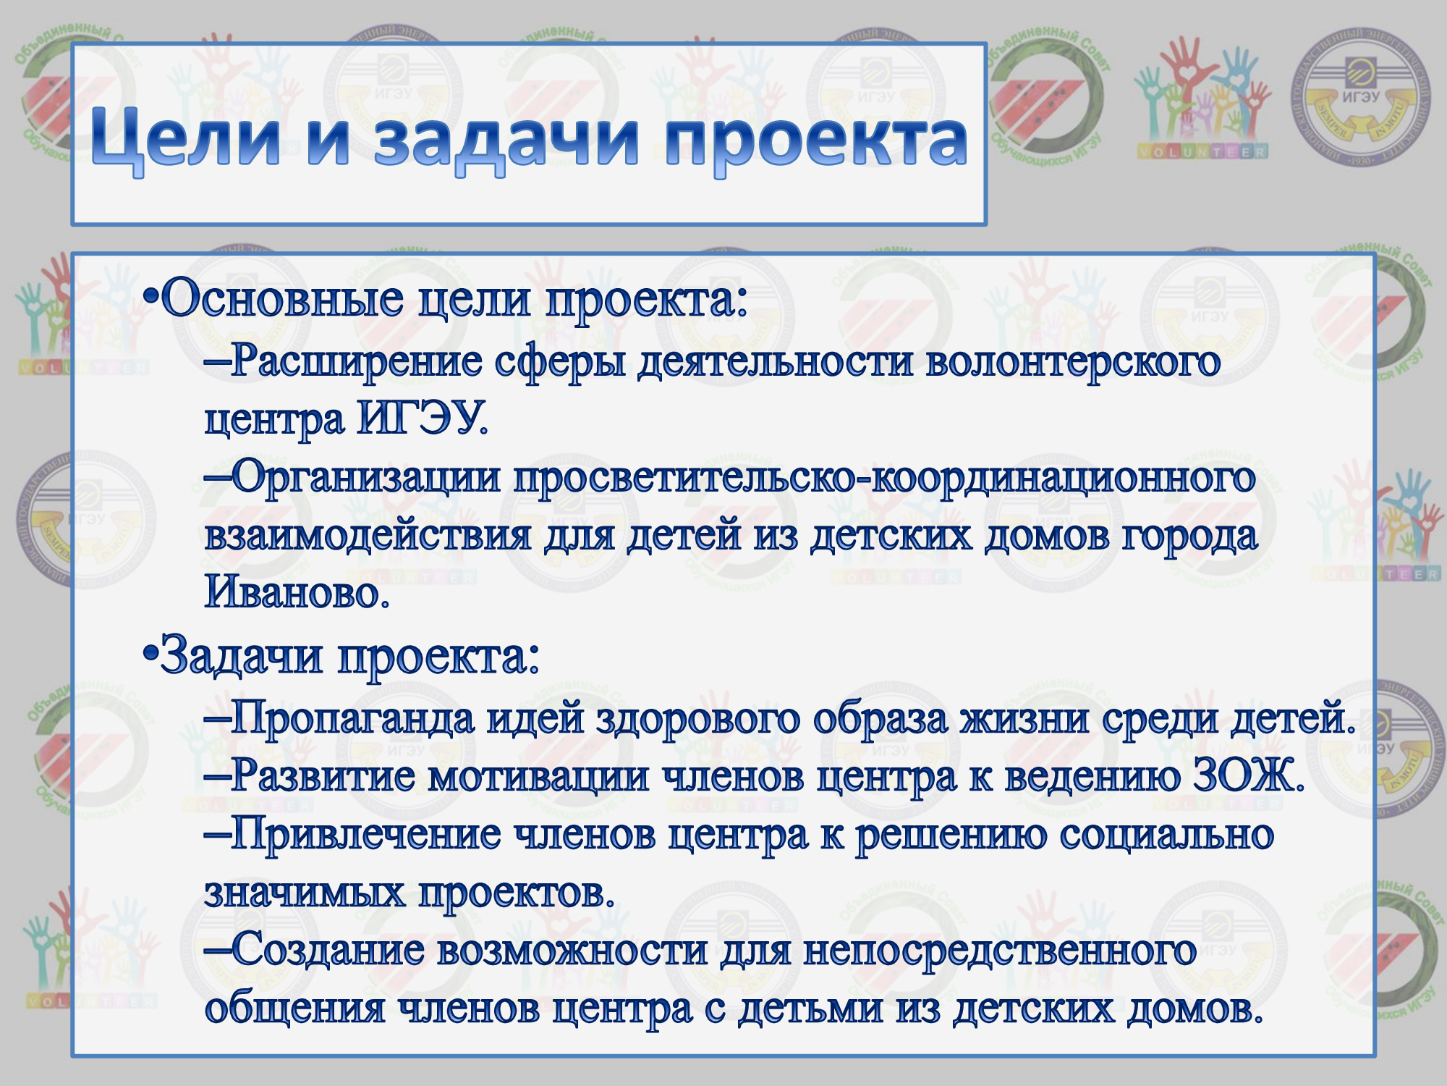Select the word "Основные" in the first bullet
pos(282,298)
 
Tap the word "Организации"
pos(366,479)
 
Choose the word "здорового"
pos(697,719)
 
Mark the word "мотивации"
pos(538,777)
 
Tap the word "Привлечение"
pos(365,835)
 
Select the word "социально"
pos(1167,835)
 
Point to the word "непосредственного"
pos(999,951)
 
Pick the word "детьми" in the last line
pos(810,1008)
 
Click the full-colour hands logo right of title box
pos(1202,97)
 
